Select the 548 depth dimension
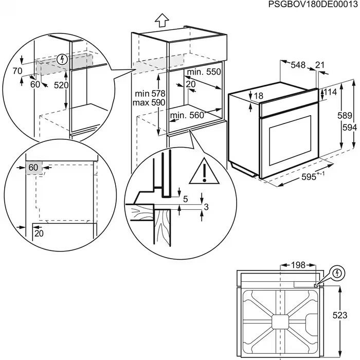click(x=298, y=65)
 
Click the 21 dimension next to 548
click(x=320, y=65)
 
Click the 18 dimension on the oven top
click(x=258, y=96)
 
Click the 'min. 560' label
click(x=187, y=115)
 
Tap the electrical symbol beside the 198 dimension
click(x=337, y=272)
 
